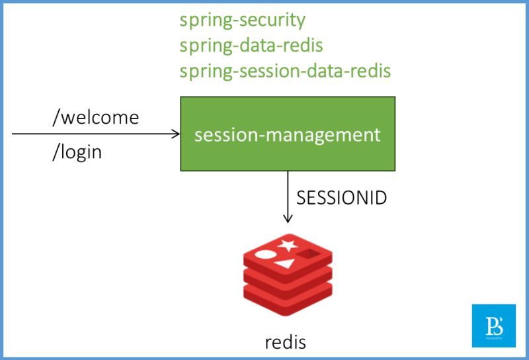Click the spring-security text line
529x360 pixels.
click(x=242, y=21)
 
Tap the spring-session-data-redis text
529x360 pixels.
click(x=285, y=70)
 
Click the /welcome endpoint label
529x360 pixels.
click(x=96, y=118)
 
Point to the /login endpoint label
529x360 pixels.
click(x=77, y=152)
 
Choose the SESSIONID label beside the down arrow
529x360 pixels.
click(x=341, y=197)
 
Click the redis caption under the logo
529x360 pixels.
click(x=286, y=342)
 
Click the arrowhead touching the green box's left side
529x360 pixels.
click(x=177, y=134)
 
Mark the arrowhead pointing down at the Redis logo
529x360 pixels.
click(x=288, y=219)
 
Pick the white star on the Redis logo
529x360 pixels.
click(x=286, y=246)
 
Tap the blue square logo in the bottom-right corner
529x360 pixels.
click(x=493, y=326)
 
